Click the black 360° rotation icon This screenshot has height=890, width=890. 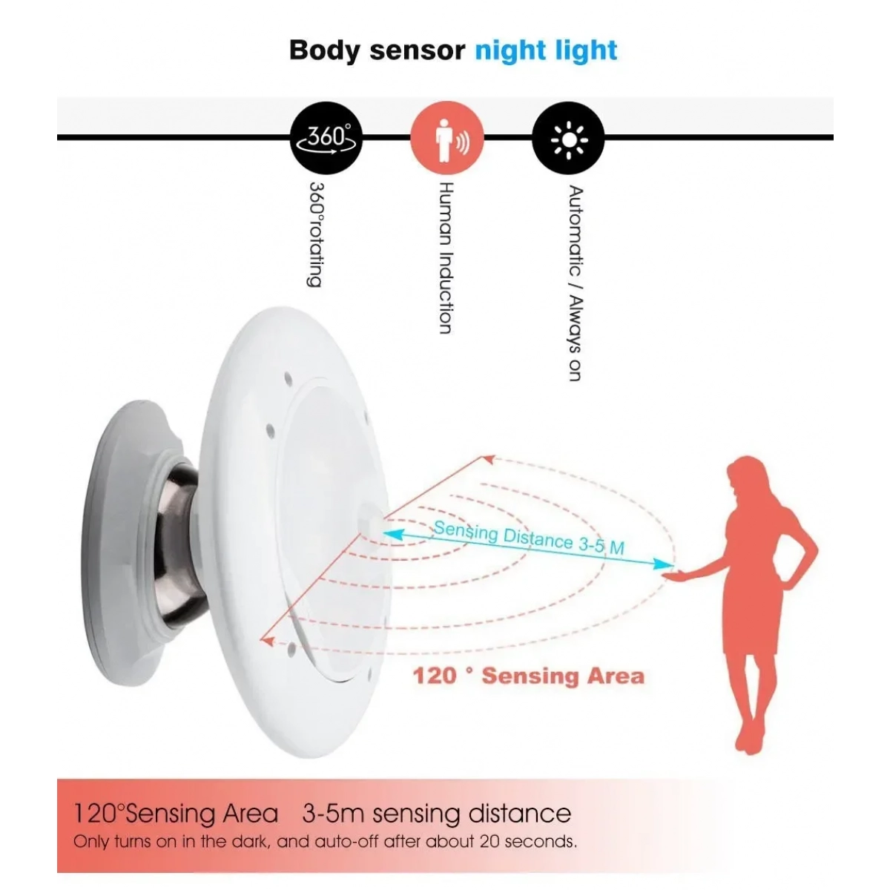coord(326,138)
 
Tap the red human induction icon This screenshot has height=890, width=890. coord(447,138)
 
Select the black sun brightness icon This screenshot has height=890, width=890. coord(568,138)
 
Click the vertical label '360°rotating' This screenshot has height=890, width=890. coord(315,234)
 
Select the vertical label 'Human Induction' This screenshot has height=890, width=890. coord(445,257)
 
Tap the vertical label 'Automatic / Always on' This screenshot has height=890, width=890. coord(575,283)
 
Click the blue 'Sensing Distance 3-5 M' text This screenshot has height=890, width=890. coord(529,538)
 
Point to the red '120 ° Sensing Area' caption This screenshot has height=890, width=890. coord(528,676)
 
